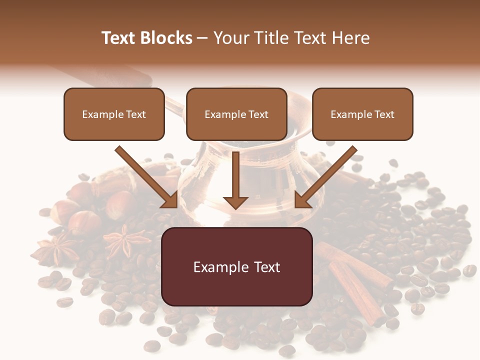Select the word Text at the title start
tap(119, 38)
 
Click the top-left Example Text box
tap(114, 114)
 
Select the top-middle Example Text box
tap(236, 114)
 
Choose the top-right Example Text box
tap(362, 114)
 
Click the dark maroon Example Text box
tap(237, 267)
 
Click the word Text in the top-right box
tap(384, 114)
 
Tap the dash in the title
tap(202, 38)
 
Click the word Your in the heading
tap(230, 38)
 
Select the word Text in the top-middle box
tap(258, 114)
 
